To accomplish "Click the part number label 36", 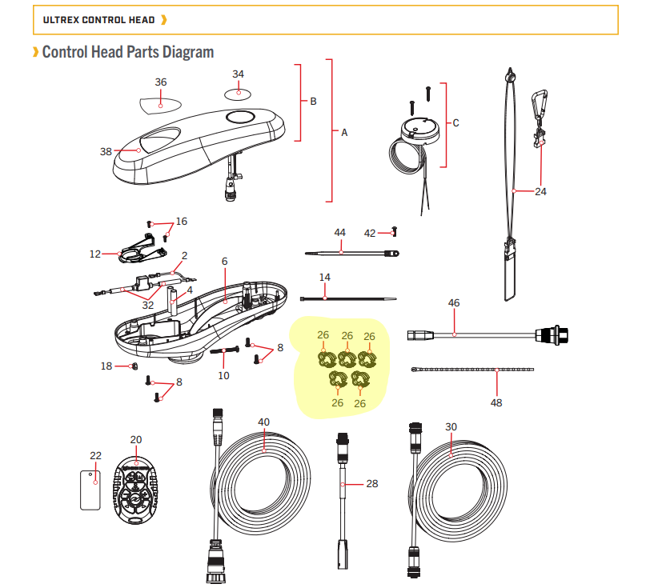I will pyautogui.click(x=161, y=82).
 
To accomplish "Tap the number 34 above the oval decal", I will pyautogui.click(x=238, y=74).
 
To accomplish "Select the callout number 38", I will pyautogui.click(x=106, y=150).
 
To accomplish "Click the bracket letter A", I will pyautogui.click(x=344, y=133).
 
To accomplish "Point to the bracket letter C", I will pyautogui.click(x=455, y=123).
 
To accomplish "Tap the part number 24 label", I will pyautogui.click(x=540, y=192).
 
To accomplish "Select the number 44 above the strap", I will pyautogui.click(x=339, y=233).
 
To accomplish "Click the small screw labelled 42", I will pyautogui.click(x=394, y=233).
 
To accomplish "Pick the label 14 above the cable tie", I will pyautogui.click(x=324, y=278).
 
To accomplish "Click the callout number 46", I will pyautogui.click(x=454, y=304).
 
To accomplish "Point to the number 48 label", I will pyautogui.click(x=496, y=402).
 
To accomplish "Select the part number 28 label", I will pyautogui.click(x=371, y=484).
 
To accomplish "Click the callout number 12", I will pyautogui.click(x=95, y=254).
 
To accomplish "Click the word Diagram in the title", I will pyautogui.click(x=187, y=53).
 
